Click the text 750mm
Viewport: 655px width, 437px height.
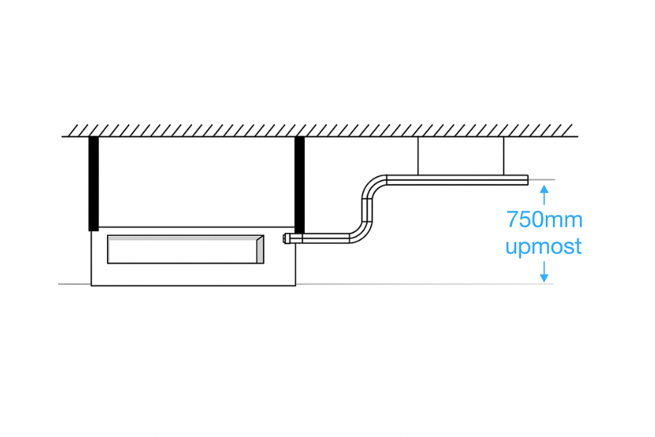[544, 219]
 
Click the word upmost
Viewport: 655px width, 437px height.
[544, 247]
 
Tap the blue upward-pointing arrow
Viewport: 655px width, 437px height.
[544, 195]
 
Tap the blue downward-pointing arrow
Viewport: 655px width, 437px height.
[544, 272]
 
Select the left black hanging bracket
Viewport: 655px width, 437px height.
[94, 184]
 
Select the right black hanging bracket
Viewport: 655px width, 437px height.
[300, 185]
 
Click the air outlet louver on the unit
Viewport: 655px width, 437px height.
[186, 249]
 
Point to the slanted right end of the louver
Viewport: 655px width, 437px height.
[260, 249]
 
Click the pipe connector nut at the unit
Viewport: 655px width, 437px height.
[287, 239]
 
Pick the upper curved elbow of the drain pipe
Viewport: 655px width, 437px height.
[373, 186]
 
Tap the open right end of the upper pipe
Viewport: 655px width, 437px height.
[527, 180]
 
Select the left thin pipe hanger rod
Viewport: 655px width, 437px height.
[418, 156]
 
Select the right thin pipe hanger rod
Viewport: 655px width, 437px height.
[504, 156]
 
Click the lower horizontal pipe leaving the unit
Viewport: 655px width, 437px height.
[320, 239]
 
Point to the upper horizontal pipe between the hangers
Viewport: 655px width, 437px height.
[461, 180]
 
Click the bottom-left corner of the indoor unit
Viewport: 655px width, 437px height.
[91, 286]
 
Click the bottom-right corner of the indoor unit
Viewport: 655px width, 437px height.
[295, 286]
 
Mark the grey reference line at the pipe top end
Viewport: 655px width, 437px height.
[541, 180]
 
